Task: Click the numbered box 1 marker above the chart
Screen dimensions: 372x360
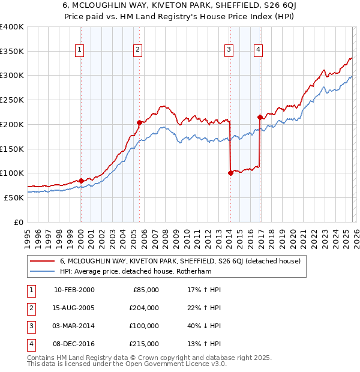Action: click(80, 50)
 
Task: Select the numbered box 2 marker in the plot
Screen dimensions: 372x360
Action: click(138, 50)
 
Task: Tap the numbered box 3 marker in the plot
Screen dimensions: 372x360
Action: click(229, 50)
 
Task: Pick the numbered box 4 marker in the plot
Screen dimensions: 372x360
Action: click(258, 50)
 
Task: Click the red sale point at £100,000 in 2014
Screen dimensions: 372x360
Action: click(230, 173)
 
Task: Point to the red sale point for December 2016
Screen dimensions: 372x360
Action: click(260, 117)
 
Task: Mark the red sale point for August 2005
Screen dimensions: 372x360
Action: click(139, 122)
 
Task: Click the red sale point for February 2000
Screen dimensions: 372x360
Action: click(81, 180)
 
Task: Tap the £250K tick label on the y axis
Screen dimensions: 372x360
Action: click(12, 100)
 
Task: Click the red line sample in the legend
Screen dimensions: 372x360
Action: click(43, 262)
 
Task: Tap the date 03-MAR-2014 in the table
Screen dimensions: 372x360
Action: click(74, 326)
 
